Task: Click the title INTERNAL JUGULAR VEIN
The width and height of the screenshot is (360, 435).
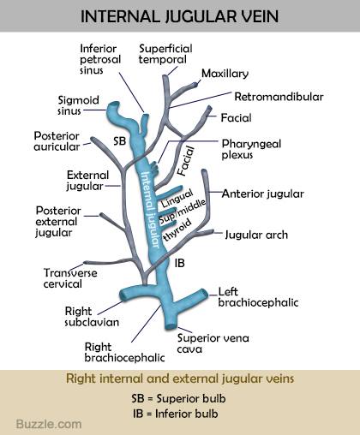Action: click(x=179, y=16)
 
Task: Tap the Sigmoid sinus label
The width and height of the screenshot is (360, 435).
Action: click(x=78, y=105)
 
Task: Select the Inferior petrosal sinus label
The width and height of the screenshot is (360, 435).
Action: click(x=100, y=59)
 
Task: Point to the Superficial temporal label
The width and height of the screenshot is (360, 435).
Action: click(x=165, y=54)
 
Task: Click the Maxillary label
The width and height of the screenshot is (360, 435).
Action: click(x=225, y=74)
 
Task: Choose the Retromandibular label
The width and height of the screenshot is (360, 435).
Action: click(x=279, y=97)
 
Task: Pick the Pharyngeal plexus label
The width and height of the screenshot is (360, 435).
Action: click(x=251, y=149)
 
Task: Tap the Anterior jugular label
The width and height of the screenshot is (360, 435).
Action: click(x=263, y=194)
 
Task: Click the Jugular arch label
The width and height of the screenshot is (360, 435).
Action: click(x=256, y=235)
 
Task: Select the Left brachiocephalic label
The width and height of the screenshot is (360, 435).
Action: click(x=258, y=297)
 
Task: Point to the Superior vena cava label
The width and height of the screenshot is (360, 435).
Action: click(x=213, y=343)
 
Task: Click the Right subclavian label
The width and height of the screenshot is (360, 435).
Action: click(x=92, y=317)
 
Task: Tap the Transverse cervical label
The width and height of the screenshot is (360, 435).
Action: click(x=70, y=278)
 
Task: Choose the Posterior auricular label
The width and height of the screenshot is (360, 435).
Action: click(x=57, y=141)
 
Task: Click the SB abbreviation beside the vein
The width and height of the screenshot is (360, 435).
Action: click(x=119, y=140)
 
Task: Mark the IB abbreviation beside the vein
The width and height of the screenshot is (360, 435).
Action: click(x=179, y=263)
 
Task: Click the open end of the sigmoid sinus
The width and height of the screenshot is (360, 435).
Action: click(x=114, y=105)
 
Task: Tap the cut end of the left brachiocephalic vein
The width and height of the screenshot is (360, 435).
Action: click(x=204, y=294)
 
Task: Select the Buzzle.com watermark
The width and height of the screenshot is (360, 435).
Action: click(x=49, y=424)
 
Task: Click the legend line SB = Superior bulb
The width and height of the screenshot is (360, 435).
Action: click(x=178, y=398)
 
